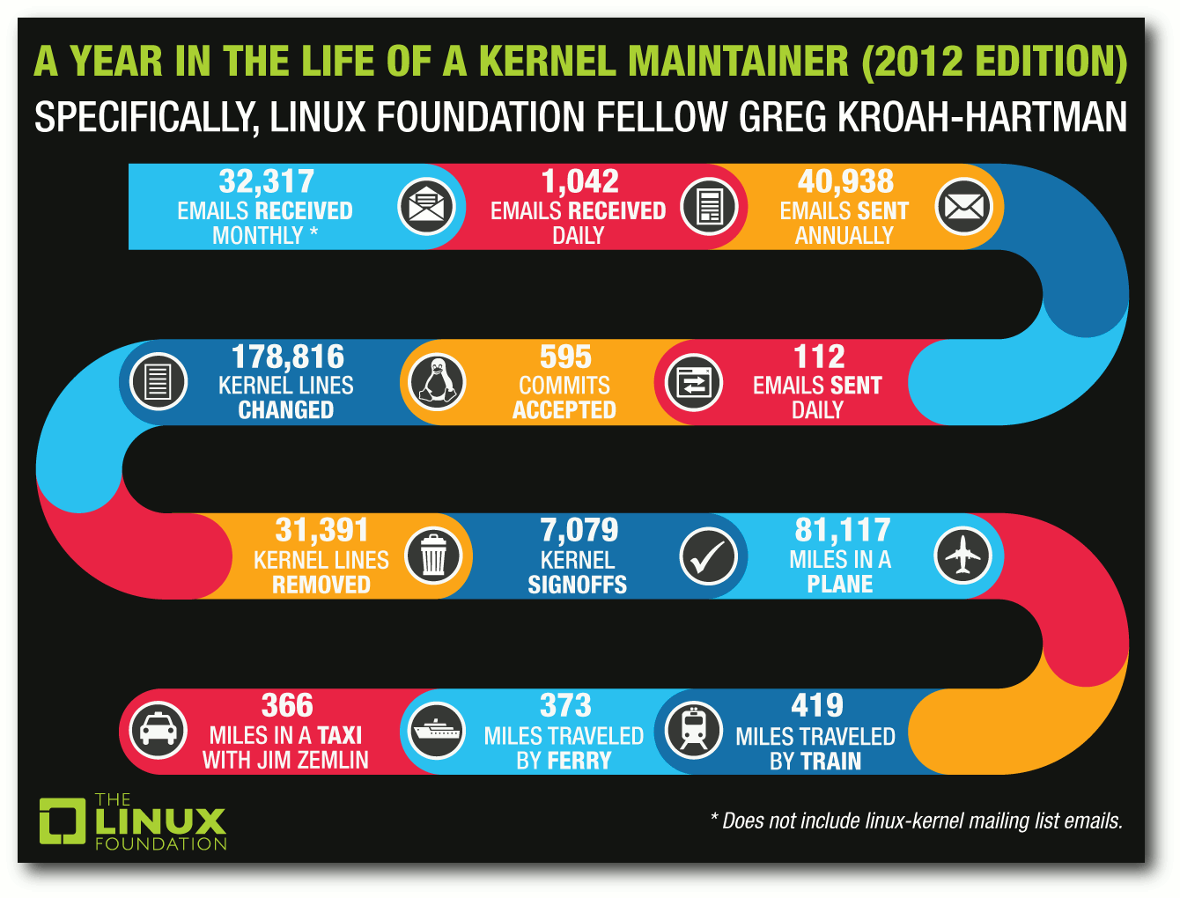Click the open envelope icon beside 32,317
pyautogui.click(x=426, y=206)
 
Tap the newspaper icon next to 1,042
pyautogui.click(x=709, y=206)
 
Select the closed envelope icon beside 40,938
pyautogui.click(x=963, y=206)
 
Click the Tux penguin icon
pyautogui.click(x=437, y=382)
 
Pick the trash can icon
pyautogui.click(x=433, y=556)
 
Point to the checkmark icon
pyautogui.click(x=709, y=556)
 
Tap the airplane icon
pyautogui.click(x=962, y=556)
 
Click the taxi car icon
pyautogui.click(x=158, y=731)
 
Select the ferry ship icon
pyautogui.click(x=437, y=731)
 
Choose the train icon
pyautogui.click(x=694, y=731)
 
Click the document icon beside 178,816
pyautogui.click(x=158, y=382)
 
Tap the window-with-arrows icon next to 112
pyautogui.click(x=694, y=382)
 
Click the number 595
pyautogui.click(x=565, y=357)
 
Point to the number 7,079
pyautogui.click(x=579, y=530)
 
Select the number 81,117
pyautogui.click(x=843, y=530)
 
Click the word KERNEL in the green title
pyautogui.click(x=547, y=61)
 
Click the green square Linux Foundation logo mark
pyautogui.click(x=63, y=821)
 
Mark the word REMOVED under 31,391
pyautogui.click(x=321, y=585)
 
